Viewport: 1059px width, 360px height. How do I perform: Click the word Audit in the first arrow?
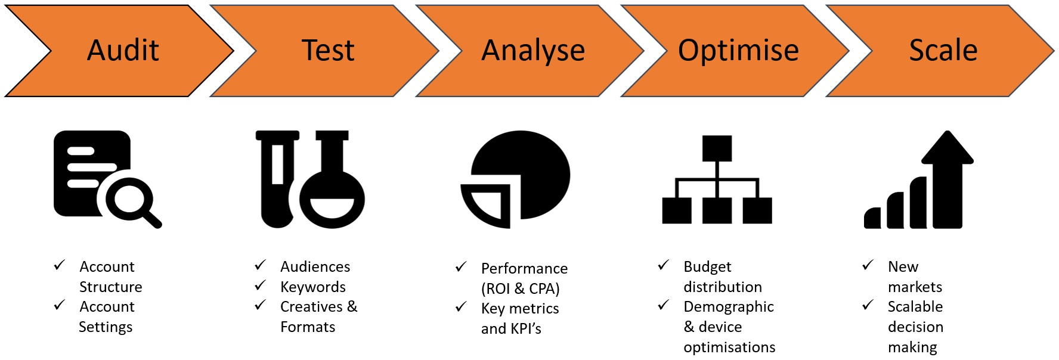pos(123,50)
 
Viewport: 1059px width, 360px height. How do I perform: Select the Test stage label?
pos(328,50)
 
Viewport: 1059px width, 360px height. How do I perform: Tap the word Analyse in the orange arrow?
pos(533,51)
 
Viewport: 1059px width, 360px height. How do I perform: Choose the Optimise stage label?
pos(738,51)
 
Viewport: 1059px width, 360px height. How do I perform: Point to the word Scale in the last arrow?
pos(943,50)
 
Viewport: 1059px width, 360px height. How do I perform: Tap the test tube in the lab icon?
pos(278,179)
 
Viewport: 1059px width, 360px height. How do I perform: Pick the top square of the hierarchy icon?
pos(717,148)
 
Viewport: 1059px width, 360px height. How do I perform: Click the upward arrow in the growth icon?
pos(947,179)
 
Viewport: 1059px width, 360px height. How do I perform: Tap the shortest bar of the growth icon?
pos(873,218)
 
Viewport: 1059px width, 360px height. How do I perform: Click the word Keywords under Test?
pos(313,287)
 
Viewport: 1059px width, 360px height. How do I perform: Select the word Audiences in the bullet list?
pos(315,266)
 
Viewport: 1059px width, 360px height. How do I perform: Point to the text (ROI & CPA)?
pos(521,288)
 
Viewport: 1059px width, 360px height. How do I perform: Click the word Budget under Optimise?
pos(707,266)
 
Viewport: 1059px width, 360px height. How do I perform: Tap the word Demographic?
pos(729,307)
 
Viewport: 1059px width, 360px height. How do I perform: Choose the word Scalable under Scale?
pos(915,307)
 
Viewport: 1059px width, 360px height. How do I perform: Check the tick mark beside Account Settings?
pos(60,305)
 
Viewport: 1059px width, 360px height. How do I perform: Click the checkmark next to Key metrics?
pos(461,307)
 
